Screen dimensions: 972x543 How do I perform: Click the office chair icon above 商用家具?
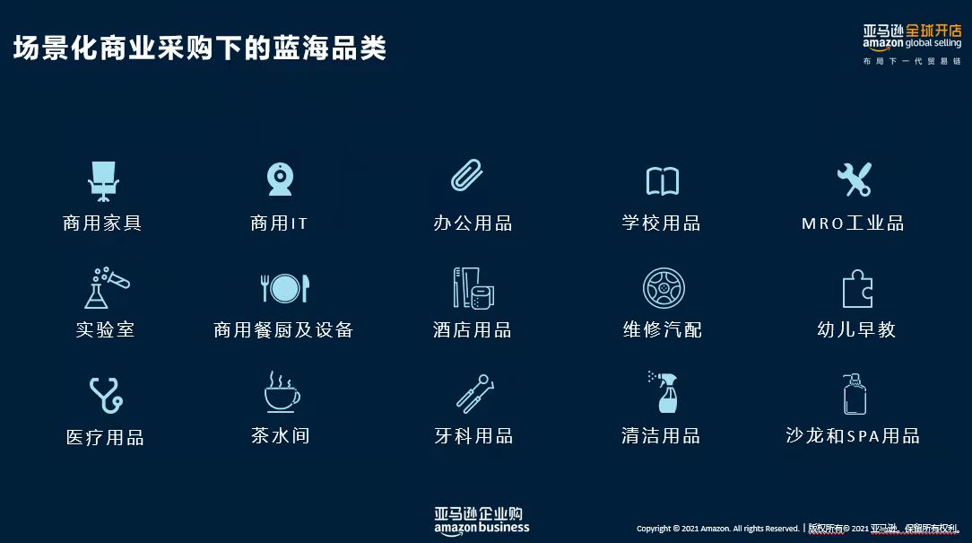click(x=103, y=181)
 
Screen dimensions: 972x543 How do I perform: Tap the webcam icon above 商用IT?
click(x=280, y=180)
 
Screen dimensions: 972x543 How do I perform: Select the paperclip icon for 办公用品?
click(x=467, y=175)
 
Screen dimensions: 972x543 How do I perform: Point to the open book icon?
click(x=663, y=181)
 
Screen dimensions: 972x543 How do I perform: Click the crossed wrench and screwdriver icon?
click(x=855, y=180)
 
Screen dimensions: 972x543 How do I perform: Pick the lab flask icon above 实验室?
click(x=107, y=288)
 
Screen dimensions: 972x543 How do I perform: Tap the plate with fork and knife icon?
click(x=285, y=288)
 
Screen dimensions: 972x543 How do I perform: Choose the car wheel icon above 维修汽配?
click(x=664, y=288)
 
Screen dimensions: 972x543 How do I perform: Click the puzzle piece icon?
click(x=857, y=289)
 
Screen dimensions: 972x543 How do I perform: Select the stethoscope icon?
click(x=106, y=395)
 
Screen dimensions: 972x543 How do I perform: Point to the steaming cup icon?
click(x=282, y=392)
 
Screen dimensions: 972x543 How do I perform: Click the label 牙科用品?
click(x=473, y=435)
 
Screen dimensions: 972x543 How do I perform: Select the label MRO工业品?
click(x=853, y=223)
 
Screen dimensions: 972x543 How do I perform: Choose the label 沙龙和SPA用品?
click(x=853, y=435)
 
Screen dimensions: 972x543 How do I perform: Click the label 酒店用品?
click(x=473, y=329)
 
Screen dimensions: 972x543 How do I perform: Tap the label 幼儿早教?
click(x=856, y=329)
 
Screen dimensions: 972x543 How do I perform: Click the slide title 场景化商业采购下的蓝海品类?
click(x=200, y=48)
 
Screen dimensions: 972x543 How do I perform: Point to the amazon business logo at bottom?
click(x=482, y=521)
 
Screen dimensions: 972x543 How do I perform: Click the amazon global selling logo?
click(x=912, y=43)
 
